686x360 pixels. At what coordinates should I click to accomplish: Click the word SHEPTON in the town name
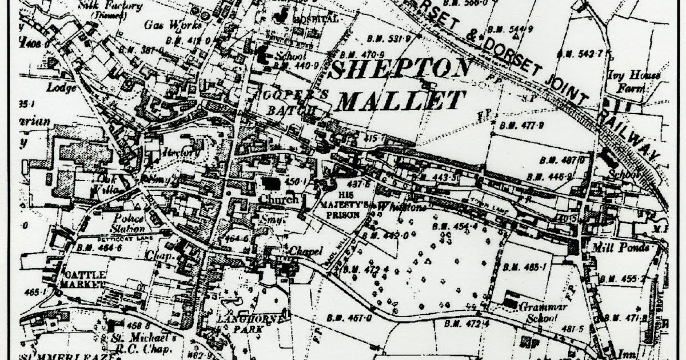pyautogui.click(x=401, y=71)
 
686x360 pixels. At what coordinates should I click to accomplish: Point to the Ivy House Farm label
pyautogui.click(x=635, y=81)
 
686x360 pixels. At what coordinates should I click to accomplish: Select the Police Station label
pyautogui.click(x=129, y=223)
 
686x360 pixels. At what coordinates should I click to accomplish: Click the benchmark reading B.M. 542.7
pyautogui.click(x=580, y=54)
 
